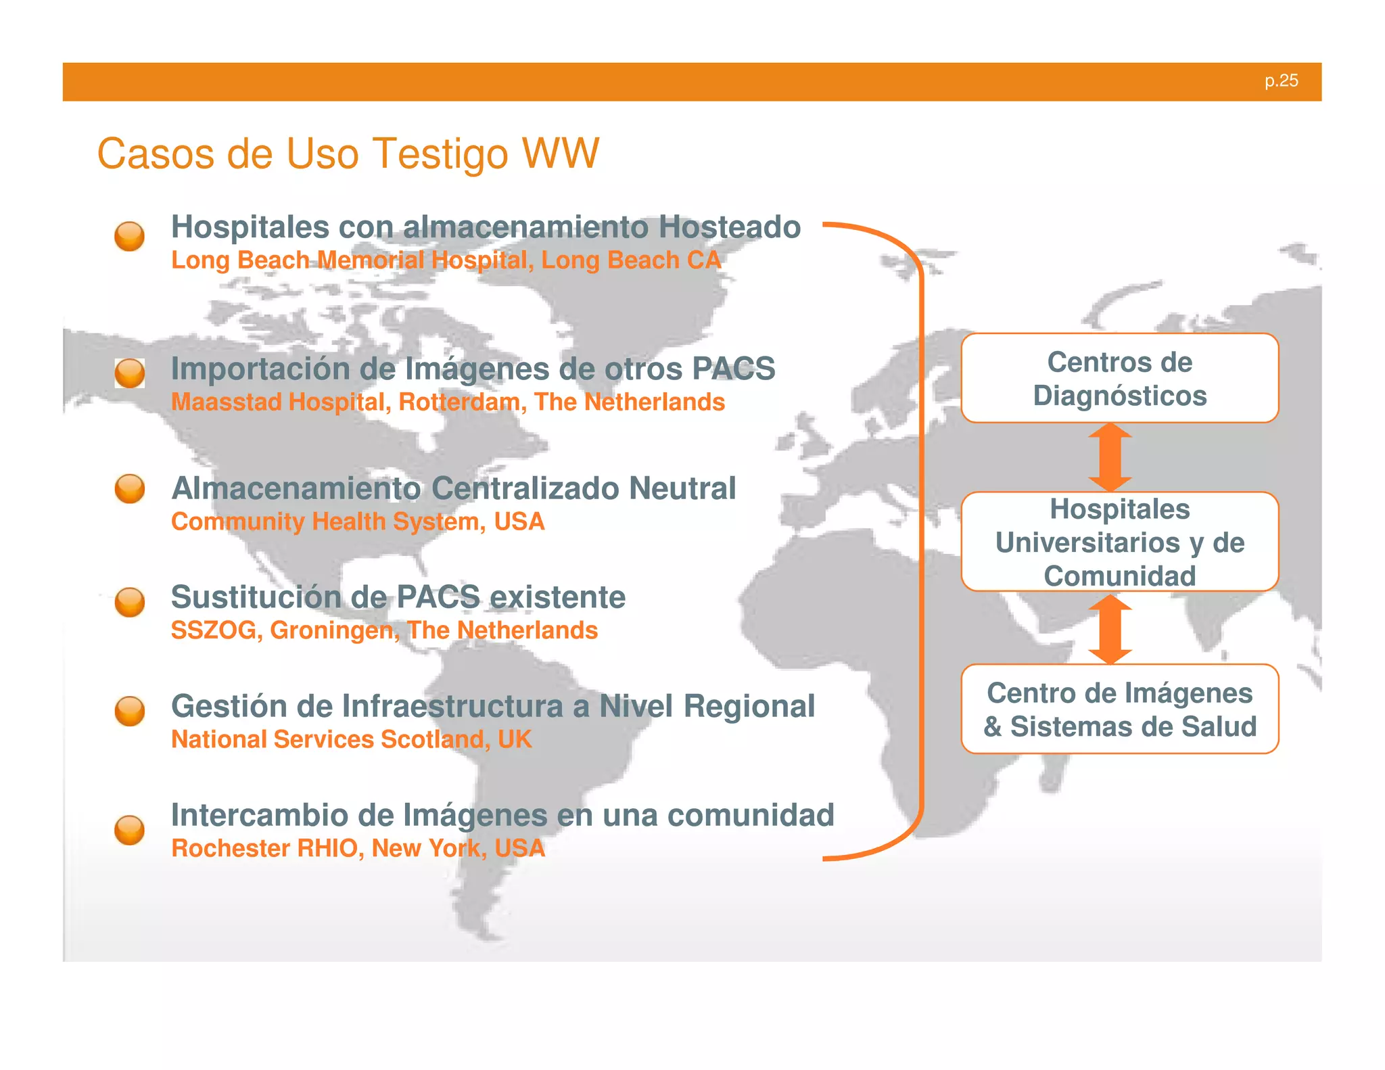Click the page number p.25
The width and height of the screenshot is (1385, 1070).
click(1281, 81)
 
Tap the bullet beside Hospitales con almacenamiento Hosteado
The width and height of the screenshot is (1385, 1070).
click(129, 237)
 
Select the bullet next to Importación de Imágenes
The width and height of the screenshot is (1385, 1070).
click(129, 373)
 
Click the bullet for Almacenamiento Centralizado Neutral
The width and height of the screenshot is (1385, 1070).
click(129, 489)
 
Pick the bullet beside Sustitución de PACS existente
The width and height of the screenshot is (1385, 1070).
click(129, 602)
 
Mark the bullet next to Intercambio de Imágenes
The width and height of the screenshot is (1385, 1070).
click(129, 830)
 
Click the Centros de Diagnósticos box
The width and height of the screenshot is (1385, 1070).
click(1119, 379)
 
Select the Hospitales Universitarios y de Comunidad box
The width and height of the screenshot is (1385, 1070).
click(1119, 542)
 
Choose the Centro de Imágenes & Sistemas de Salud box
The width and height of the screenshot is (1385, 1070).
click(1119, 709)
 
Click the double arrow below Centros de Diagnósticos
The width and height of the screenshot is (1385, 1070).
click(1110, 457)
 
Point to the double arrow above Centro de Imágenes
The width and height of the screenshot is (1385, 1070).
click(1110, 628)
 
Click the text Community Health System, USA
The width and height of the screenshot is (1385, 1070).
click(357, 522)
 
